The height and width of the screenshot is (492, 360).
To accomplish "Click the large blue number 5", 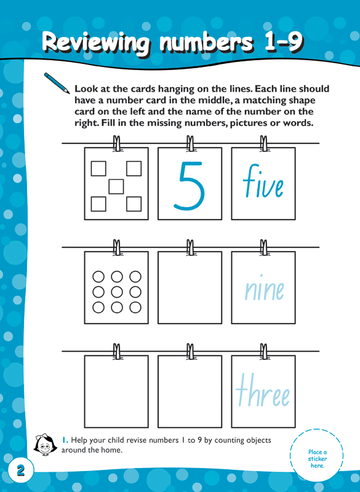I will (189, 183).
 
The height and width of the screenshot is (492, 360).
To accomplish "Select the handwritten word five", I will (263, 183).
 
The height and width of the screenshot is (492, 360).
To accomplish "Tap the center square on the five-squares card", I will (116, 186).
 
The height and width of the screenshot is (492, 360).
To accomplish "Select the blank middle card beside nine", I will (190, 288).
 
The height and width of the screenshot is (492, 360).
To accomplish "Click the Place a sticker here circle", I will (318, 458).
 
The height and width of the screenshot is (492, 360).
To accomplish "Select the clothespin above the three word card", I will (264, 352).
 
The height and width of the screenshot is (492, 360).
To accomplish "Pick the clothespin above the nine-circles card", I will (116, 248).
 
